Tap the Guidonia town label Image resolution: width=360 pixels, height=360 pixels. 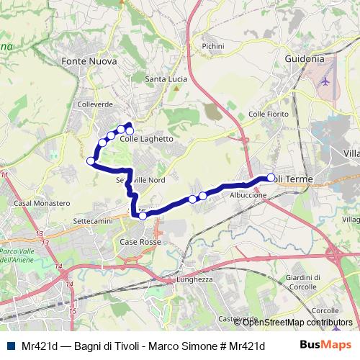tap(305, 58)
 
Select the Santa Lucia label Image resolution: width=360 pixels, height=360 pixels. tap(166, 78)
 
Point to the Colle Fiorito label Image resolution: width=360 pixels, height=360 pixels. tap(268, 114)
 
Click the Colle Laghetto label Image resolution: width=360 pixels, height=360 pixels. tap(147, 139)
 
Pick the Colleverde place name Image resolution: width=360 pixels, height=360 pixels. tap(94, 104)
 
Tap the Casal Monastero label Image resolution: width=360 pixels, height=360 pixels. tap(42, 204)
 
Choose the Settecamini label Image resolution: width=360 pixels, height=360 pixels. tap(94, 220)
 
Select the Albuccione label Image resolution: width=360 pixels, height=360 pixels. tap(248, 195)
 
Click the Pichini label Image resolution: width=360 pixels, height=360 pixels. tap(213, 46)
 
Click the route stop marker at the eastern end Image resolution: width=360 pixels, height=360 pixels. tap(271, 178)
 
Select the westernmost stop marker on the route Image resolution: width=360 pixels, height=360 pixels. tap(91, 161)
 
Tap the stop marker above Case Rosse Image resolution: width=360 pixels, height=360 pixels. tap(143, 215)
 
